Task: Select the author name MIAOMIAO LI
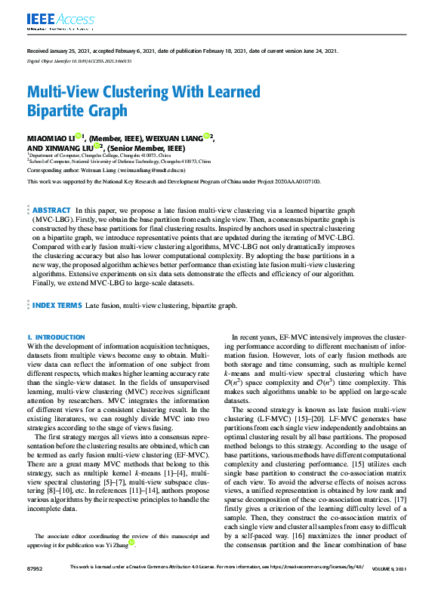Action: (x=51, y=138)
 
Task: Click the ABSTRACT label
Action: (x=52, y=210)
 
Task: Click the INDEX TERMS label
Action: (x=57, y=305)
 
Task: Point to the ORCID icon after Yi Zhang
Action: (x=131, y=541)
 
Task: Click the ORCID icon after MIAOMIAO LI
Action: (x=78, y=136)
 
